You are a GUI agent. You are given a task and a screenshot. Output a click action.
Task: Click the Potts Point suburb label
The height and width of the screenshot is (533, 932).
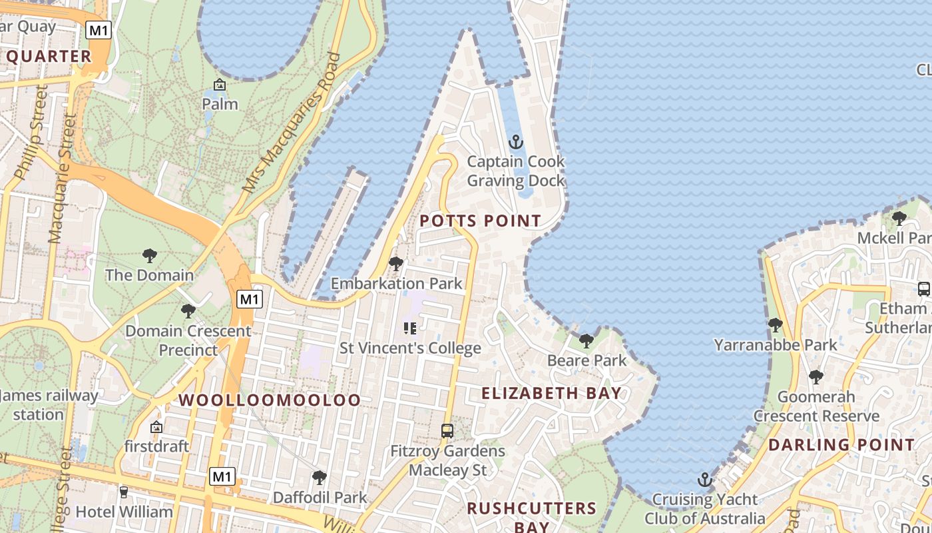click(480, 221)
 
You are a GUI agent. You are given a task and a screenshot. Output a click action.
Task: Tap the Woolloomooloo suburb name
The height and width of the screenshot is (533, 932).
click(270, 400)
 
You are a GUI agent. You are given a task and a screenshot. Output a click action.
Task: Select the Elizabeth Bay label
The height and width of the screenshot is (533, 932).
click(552, 393)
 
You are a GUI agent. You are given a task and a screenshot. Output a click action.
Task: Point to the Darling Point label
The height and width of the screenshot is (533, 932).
click(841, 444)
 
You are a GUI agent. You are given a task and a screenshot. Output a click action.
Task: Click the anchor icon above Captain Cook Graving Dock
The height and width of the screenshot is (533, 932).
click(515, 142)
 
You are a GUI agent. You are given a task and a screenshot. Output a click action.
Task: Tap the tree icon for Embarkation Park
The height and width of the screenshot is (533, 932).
click(396, 264)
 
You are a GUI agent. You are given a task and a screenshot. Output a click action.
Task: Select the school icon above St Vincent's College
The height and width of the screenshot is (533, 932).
click(410, 328)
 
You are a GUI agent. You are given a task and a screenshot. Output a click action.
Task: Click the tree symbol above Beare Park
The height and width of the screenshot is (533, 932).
click(586, 341)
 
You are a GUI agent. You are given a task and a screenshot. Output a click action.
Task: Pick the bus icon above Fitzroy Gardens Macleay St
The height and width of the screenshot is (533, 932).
click(447, 431)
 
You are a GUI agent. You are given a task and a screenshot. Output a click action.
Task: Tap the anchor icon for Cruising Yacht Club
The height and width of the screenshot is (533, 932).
click(704, 480)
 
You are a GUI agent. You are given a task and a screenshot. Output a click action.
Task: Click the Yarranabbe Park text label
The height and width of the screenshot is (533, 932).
click(776, 344)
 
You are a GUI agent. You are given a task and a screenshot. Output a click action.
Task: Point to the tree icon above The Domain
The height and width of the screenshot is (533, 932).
click(150, 255)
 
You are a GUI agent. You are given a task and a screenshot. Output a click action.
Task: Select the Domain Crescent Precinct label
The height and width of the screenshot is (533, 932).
click(188, 340)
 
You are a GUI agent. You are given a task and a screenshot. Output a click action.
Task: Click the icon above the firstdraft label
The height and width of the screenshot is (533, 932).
click(156, 427)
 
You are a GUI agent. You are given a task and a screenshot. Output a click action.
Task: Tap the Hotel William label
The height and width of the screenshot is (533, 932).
click(124, 512)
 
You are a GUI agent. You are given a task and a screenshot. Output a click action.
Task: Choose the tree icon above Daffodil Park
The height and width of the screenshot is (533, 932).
click(320, 477)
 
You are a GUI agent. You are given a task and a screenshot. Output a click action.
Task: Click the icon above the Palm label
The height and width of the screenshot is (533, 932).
click(220, 85)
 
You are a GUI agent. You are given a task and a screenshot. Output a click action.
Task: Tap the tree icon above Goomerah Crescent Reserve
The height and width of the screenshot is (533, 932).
click(816, 377)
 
